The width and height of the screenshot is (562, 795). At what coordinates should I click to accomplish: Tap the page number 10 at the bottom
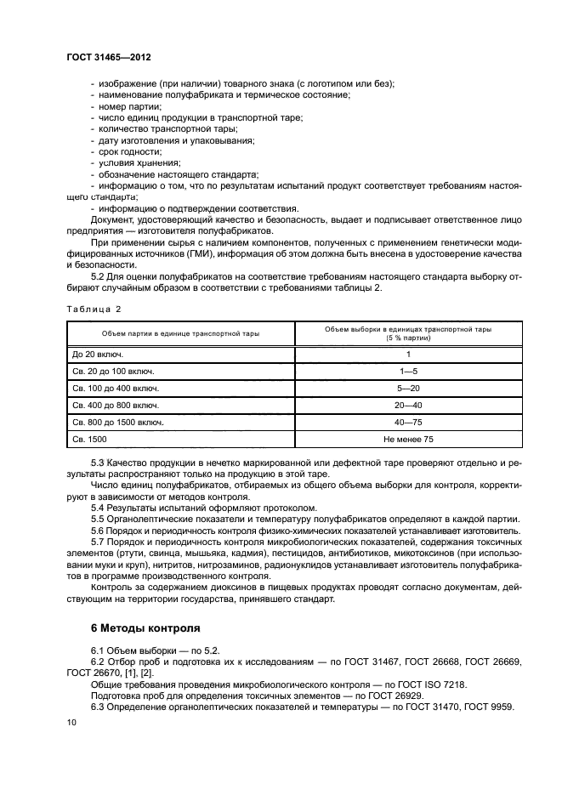point(71,723)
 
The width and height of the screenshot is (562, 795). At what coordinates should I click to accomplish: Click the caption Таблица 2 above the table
point(94,309)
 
